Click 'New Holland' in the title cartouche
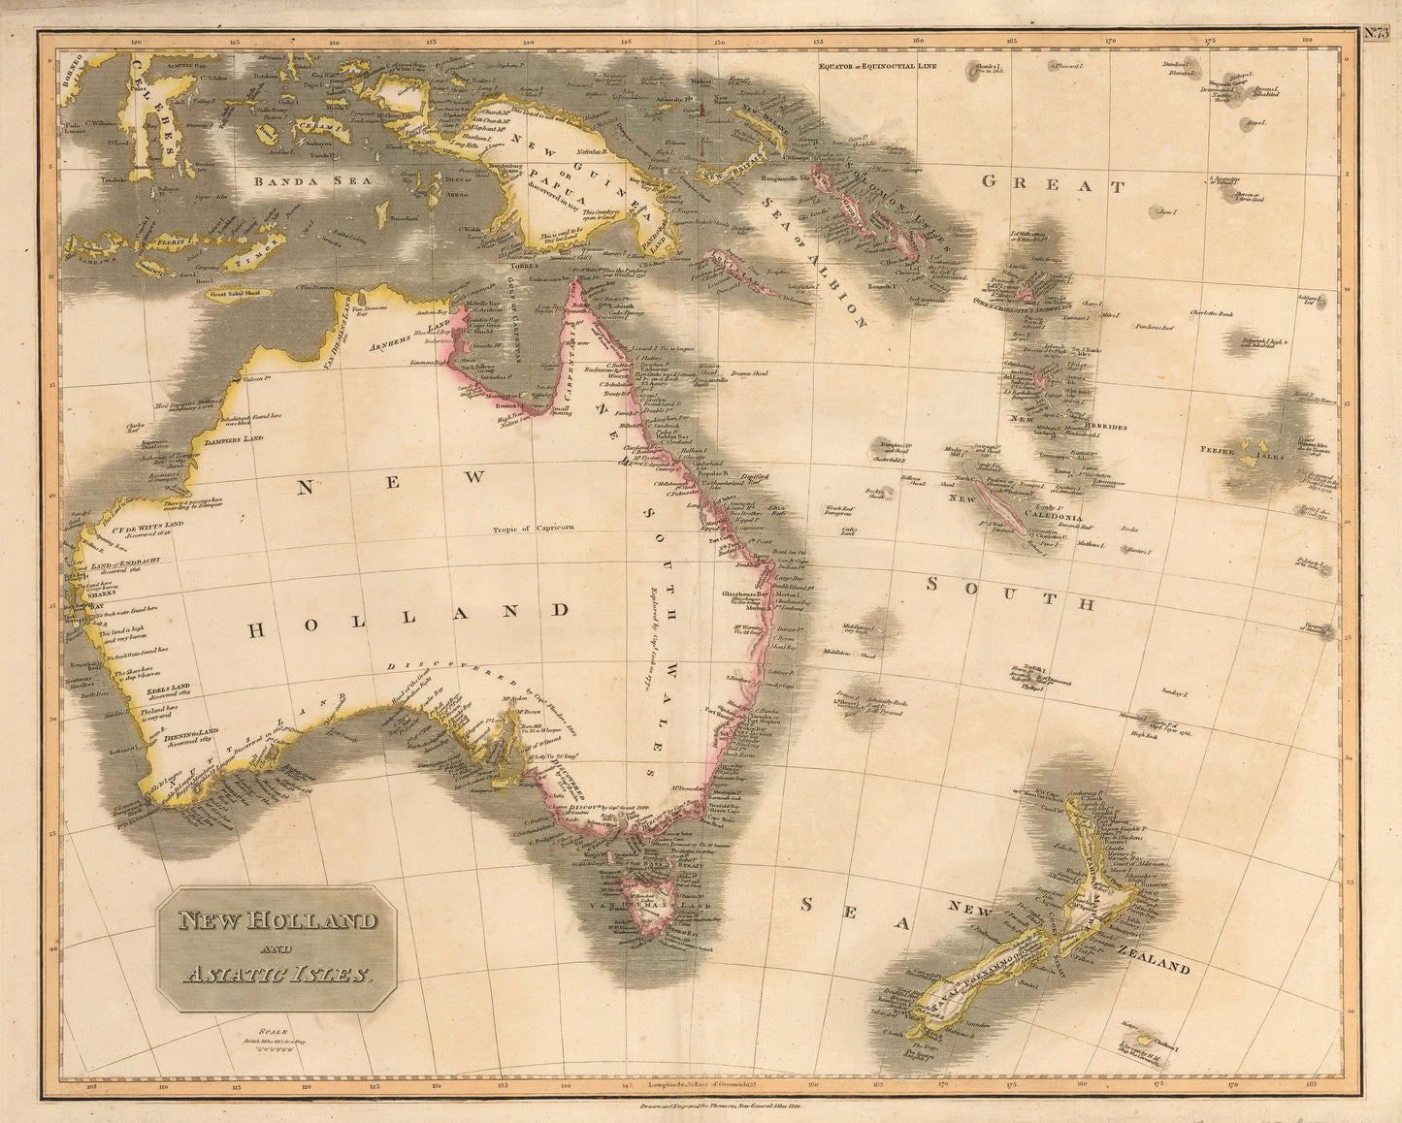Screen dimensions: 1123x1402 tap(277, 920)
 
